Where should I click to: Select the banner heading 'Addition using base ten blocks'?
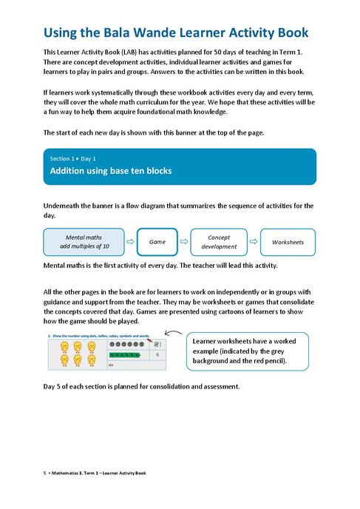[110, 171]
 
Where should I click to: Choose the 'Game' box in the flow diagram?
[157, 242]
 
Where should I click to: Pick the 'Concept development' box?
[219, 242]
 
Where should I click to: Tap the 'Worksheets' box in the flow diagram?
[288, 242]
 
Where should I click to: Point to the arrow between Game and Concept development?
[187, 242]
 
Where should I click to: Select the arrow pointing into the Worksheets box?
[254, 242]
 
